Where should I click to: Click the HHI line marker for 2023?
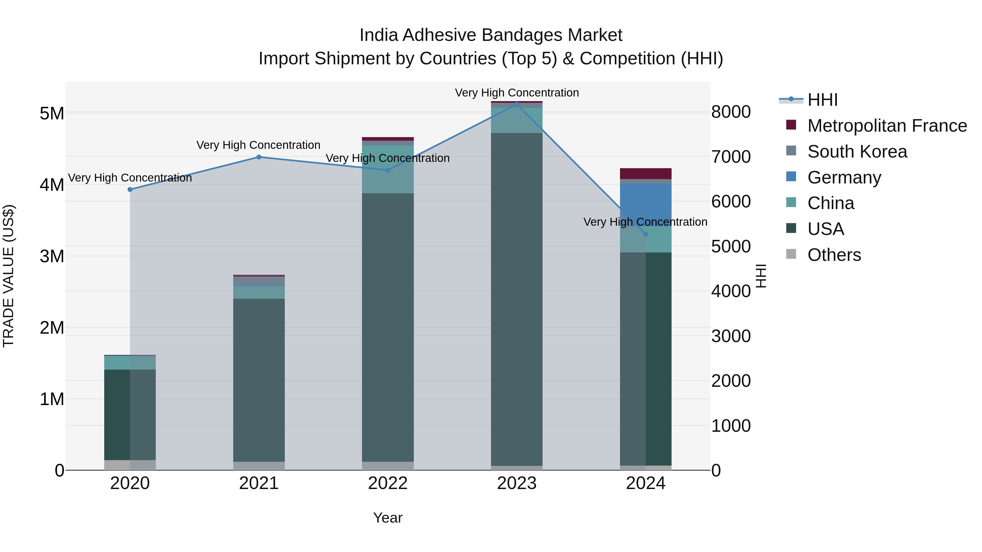tap(517, 104)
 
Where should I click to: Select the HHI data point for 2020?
tap(130, 189)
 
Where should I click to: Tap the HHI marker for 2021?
tap(259, 157)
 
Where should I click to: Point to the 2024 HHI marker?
tap(645, 234)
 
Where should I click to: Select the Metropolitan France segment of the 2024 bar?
tap(645, 174)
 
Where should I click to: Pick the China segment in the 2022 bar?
tap(388, 170)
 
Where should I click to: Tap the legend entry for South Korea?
tap(857, 152)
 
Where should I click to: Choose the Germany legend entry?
tap(844, 177)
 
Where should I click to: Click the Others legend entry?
tap(834, 255)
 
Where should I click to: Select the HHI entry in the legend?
tap(822, 100)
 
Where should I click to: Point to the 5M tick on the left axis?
tap(52, 113)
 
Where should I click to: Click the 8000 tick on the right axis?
tap(731, 112)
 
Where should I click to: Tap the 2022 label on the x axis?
tap(388, 483)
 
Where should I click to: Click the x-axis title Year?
tap(388, 518)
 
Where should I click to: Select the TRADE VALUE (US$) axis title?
tap(9, 276)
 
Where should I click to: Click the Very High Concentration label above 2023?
tap(517, 93)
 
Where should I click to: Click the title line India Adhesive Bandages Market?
tap(491, 35)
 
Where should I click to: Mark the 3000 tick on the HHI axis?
tap(731, 336)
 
